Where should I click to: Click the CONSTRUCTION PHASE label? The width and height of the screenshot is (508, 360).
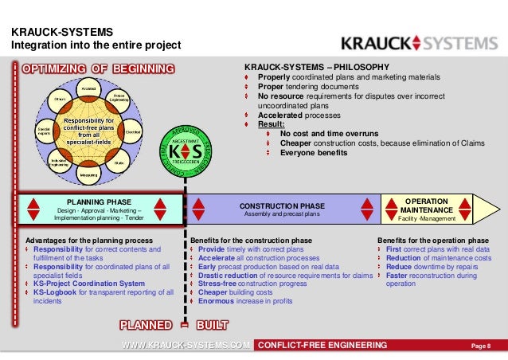pos(282,205)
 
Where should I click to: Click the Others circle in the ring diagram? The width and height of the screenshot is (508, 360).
pos(58,98)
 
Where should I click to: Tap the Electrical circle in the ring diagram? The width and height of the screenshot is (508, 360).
pos(134,131)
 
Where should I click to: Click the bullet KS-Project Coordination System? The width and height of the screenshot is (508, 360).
pos(89,284)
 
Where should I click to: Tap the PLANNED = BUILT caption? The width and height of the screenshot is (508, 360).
pos(174,324)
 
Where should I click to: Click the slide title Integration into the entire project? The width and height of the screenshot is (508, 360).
pos(96,45)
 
